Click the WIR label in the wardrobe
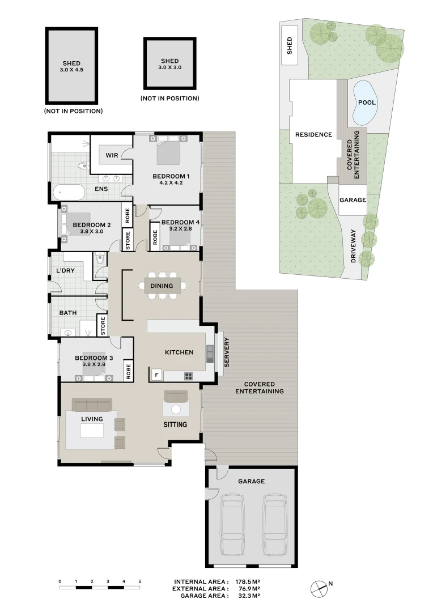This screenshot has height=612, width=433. click(111, 154)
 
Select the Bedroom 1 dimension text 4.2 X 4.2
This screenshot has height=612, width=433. click(170, 183)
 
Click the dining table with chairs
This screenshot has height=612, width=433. click(163, 286)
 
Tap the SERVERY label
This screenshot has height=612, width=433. click(226, 352)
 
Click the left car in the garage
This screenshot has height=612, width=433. click(234, 524)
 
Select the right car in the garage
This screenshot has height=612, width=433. click(275, 524)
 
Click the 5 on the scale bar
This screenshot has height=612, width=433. click(139, 582)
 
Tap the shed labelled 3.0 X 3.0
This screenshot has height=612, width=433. click(169, 63)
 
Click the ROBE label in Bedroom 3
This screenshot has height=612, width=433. click(129, 370)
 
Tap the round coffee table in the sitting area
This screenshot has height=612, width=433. click(176, 409)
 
